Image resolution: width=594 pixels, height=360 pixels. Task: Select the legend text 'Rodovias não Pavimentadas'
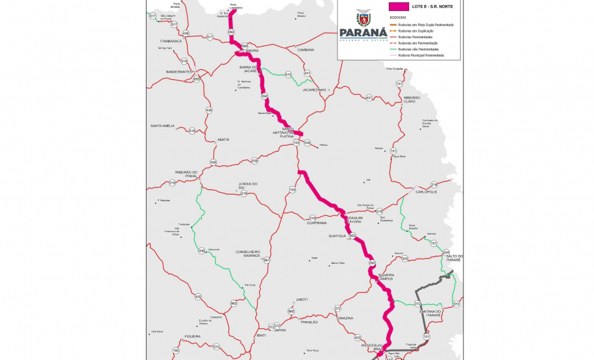click(x=418, y=49)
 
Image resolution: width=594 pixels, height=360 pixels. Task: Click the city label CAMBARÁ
click(x=305, y=49)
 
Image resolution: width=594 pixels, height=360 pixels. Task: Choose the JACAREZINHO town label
click(x=317, y=90)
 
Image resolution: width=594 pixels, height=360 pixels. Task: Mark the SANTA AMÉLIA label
click(x=163, y=125)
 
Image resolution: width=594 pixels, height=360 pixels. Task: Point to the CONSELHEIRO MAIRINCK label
click(x=247, y=254)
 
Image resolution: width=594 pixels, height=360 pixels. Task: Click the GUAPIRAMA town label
click(x=321, y=222)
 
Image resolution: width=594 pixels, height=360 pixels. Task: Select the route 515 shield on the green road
click(x=288, y=75)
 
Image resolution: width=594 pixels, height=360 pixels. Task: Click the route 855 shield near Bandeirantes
click(x=197, y=79)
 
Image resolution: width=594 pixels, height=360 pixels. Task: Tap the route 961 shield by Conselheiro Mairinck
click(x=266, y=260)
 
